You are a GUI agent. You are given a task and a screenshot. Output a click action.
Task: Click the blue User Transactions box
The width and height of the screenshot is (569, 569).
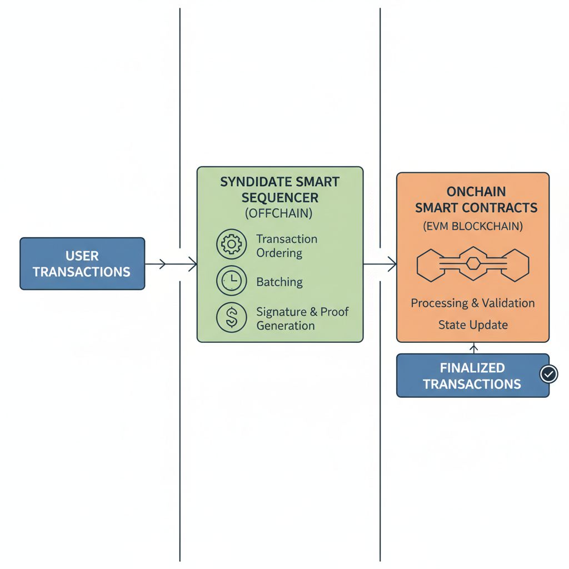point(82,264)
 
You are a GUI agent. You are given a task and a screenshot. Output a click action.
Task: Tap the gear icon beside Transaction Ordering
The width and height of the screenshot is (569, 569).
point(231,244)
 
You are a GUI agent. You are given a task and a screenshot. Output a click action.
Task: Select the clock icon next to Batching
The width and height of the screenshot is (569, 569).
point(231,282)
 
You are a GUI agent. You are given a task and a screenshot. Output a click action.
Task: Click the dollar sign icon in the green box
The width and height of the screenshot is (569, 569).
point(231,318)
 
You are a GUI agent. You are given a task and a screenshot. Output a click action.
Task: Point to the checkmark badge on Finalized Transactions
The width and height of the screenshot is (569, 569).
point(548,374)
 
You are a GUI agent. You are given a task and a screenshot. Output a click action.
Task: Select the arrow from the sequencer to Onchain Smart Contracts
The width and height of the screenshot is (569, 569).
point(380,264)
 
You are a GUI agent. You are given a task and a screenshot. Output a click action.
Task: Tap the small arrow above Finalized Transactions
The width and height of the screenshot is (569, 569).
point(473,348)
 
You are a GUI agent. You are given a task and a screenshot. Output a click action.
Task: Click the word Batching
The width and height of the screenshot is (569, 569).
point(279,282)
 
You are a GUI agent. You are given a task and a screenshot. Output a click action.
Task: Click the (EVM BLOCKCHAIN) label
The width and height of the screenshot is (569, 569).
point(473,227)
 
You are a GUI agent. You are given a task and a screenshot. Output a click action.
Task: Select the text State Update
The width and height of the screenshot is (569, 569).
point(473,325)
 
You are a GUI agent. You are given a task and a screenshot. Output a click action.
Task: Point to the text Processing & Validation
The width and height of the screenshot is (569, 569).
point(473,303)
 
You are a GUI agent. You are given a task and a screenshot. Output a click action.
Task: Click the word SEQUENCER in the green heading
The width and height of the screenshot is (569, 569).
point(279,197)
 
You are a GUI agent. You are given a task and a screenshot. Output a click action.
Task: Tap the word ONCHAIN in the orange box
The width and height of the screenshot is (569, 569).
point(476,192)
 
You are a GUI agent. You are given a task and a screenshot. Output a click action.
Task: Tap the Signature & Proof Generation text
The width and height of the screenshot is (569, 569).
point(302,318)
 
